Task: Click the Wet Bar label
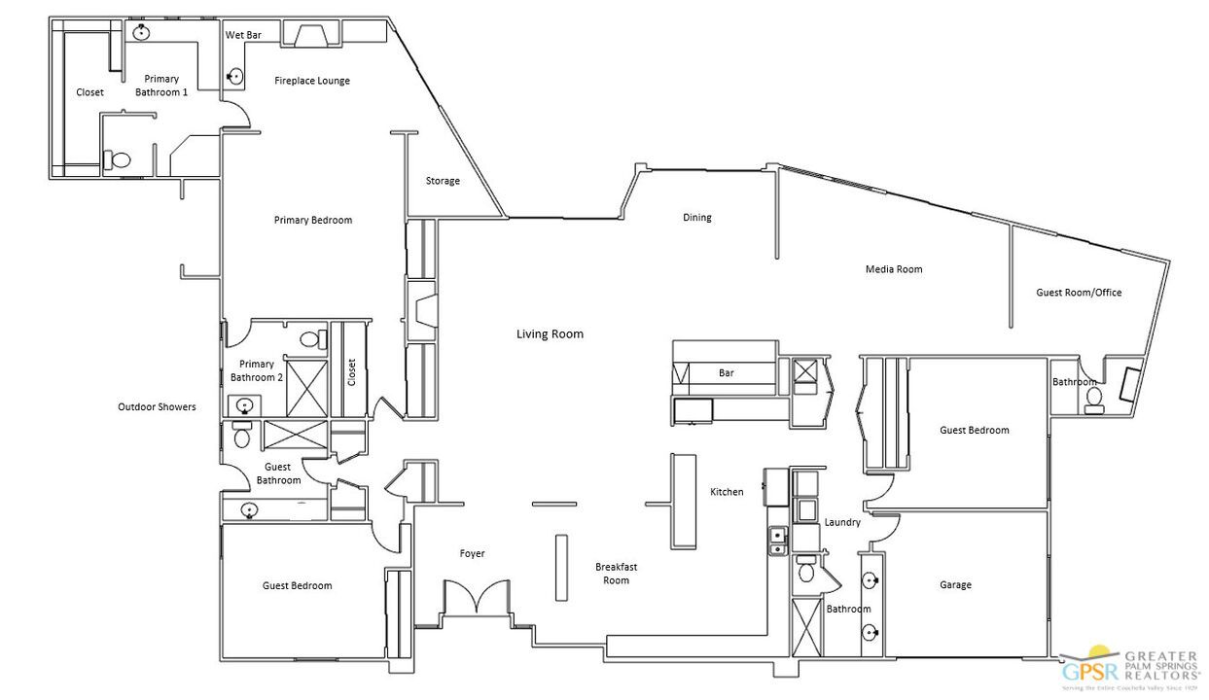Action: (243, 35)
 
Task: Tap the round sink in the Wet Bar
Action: (235, 75)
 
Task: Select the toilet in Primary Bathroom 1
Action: (119, 159)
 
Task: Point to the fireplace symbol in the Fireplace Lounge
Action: (310, 36)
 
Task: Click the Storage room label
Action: (443, 181)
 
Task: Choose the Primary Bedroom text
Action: (312, 221)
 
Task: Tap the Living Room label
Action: (550, 334)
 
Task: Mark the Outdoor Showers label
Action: (157, 407)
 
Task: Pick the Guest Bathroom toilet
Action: (242, 436)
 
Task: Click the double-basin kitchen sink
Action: (777, 542)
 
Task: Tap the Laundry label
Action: (842, 522)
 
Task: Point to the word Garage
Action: (955, 585)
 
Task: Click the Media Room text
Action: (894, 269)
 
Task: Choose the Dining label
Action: (696, 218)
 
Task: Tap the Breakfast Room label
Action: (616, 574)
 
